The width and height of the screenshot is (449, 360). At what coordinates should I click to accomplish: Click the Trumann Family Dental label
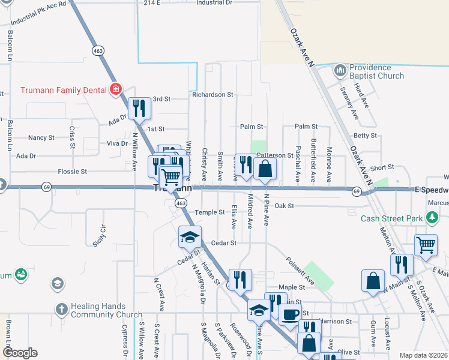click(63, 91)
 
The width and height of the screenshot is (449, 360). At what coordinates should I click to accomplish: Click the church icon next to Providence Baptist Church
click(340, 71)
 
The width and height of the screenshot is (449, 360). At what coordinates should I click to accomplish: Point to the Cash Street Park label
click(392, 218)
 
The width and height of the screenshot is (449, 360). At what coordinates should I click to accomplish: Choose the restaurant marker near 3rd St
click(139, 108)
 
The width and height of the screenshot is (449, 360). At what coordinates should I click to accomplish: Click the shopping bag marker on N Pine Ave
click(265, 169)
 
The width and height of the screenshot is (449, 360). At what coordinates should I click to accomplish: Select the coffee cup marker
click(290, 314)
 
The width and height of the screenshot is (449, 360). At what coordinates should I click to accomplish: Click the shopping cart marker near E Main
click(426, 244)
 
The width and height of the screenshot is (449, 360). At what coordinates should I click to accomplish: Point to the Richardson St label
click(212, 95)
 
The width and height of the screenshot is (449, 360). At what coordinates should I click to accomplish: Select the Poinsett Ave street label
click(301, 271)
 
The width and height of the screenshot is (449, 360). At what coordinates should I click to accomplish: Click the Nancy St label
click(41, 138)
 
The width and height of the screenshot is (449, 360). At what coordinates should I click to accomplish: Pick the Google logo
click(20, 353)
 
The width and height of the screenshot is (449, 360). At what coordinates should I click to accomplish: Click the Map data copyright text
click(423, 355)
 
